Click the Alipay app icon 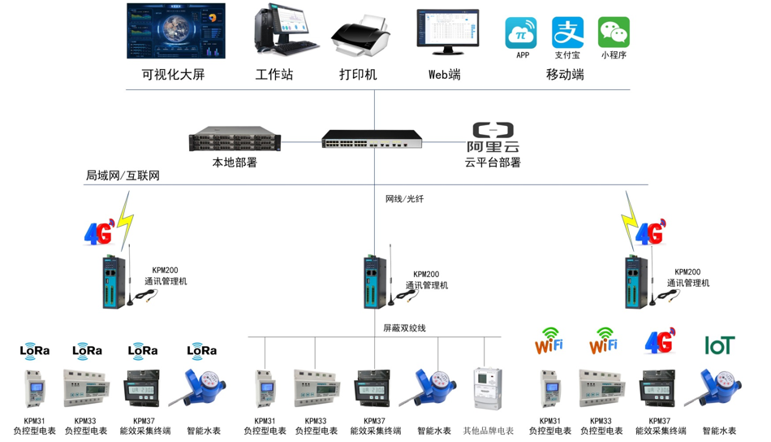click(x=567, y=33)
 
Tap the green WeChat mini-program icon click(x=614, y=33)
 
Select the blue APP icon click(x=522, y=33)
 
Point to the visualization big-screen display click(x=176, y=31)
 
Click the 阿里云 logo click(x=493, y=136)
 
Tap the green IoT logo click(x=719, y=345)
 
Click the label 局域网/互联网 click(x=123, y=175)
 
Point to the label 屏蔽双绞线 click(x=404, y=328)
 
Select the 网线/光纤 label click(x=404, y=198)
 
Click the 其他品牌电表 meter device click(x=488, y=388)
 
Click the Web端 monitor click(x=447, y=32)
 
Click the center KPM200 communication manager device click(x=375, y=281)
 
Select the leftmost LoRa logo click(x=35, y=350)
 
